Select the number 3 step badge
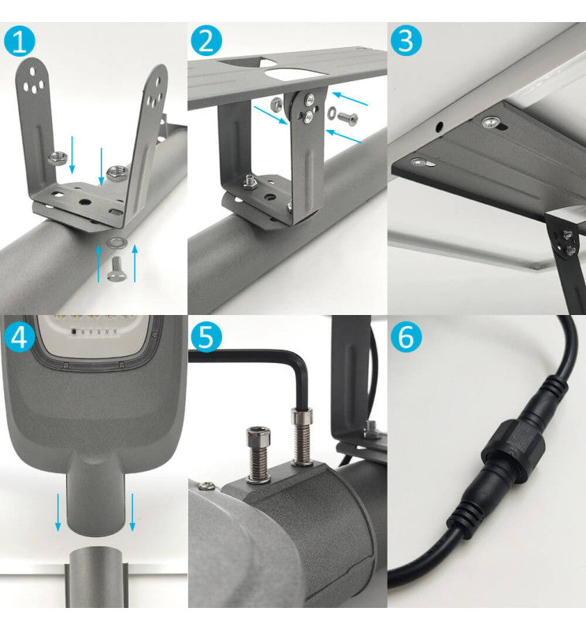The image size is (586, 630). click(406, 41)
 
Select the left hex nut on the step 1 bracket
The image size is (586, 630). click(57, 157)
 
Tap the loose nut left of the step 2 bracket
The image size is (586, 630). click(276, 103)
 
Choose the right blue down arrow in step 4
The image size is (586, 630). click(132, 512)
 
